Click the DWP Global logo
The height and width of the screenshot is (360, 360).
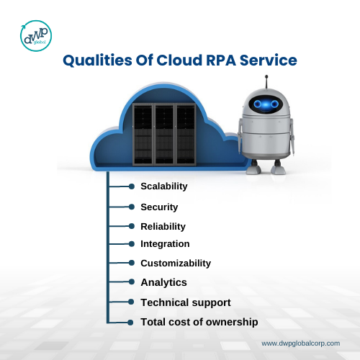click(x=36, y=36)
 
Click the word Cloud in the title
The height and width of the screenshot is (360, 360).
click(x=179, y=60)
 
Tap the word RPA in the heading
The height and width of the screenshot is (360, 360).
click(x=221, y=60)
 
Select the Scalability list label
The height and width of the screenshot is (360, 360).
click(x=164, y=186)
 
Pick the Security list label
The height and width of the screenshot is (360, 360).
click(x=159, y=207)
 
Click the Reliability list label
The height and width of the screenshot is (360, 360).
click(x=163, y=227)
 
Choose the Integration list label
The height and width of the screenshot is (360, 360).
click(x=165, y=244)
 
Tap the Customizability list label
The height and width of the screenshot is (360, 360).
click(x=176, y=264)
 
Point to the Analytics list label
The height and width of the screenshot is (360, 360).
click(x=163, y=282)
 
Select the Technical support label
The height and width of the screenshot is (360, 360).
click(x=186, y=302)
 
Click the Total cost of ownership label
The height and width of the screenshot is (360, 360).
click(x=199, y=322)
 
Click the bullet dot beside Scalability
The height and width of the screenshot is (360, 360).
click(x=131, y=186)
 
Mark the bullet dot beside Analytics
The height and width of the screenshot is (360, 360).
click(x=131, y=282)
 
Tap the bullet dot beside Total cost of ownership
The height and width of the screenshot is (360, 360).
click(x=130, y=323)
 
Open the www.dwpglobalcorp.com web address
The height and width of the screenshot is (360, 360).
click(x=300, y=343)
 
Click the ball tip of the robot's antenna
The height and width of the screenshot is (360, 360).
click(x=266, y=77)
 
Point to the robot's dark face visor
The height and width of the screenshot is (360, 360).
click(x=266, y=104)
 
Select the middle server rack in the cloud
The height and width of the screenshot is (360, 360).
click(x=164, y=135)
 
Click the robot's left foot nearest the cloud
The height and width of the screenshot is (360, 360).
click(x=253, y=168)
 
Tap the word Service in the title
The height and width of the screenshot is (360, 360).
click(x=269, y=60)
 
